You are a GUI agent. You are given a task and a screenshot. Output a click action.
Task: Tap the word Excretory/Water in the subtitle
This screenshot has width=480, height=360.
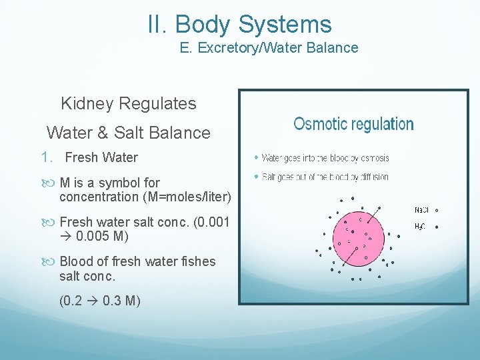pyautogui.click(x=247, y=48)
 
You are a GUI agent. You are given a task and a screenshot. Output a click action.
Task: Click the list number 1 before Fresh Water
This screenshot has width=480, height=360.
pyautogui.click(x=45, y=157)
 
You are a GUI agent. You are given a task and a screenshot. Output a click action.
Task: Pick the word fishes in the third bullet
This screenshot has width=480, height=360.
pyautogui.click(x=197, y=261)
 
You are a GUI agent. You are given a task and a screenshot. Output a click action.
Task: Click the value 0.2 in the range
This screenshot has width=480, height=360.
pyautogui.click(x=71, y=300)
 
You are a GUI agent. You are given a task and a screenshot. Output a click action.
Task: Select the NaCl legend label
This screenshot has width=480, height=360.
pyautogui.click(x=421, y=210)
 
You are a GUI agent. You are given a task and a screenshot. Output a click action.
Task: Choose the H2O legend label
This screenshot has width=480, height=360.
pyautogui.click(x=420, y=227)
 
